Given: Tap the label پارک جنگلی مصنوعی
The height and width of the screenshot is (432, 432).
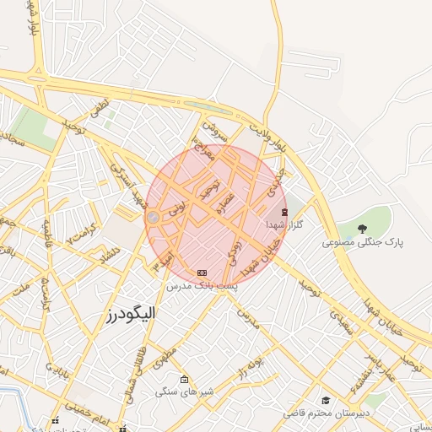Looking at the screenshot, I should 362,242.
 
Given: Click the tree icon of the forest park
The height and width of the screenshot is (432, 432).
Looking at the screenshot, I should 362,229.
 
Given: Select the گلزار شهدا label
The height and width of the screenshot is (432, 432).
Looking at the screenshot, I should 283,225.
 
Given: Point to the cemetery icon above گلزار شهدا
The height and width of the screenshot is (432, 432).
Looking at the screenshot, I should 283,212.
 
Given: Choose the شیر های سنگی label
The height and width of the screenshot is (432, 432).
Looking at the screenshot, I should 184,392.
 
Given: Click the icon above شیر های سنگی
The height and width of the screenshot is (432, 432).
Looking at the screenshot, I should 185,379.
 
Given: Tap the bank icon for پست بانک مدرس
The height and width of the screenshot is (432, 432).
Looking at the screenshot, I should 202,273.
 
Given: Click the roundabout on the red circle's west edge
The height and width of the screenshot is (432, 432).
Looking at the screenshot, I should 153,219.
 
